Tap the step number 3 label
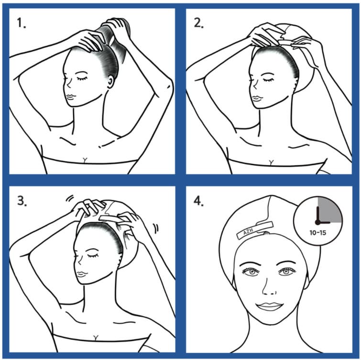coord(21,201)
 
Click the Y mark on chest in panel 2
coord(271,163)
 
